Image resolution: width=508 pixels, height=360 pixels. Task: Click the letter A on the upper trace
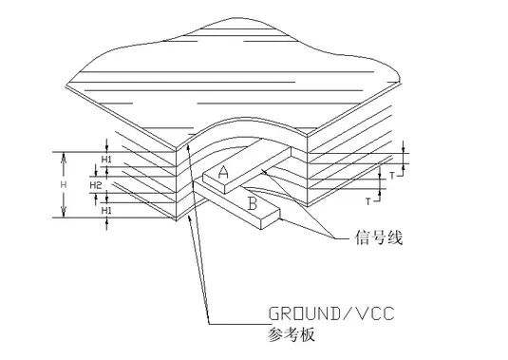click(223, 172)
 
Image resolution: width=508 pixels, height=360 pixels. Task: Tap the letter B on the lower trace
click(253, 204)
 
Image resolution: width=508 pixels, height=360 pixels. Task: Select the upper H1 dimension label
click(106, 159)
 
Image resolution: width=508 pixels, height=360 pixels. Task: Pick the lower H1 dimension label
click(106, 211)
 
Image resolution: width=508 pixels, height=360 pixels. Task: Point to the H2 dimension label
click(96, 185)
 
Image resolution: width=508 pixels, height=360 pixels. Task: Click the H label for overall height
click(64, 184)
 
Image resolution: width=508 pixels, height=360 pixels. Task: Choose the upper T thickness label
click(392, 176)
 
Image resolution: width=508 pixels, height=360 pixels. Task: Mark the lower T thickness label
click(368, 201)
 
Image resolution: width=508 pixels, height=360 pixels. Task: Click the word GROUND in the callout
click(304, 313)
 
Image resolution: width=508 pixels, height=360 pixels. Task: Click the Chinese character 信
click(362, 237)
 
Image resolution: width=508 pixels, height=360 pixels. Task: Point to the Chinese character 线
click(395, 237)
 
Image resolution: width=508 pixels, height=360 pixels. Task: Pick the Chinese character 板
click(307, 334)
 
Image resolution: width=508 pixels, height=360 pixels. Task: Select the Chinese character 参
click(275, 334)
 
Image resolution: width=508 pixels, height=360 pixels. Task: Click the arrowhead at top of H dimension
click(64, 157)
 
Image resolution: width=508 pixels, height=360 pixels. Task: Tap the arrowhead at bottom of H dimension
click(64, 212)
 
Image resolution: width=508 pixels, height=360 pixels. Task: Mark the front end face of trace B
click(271, 219)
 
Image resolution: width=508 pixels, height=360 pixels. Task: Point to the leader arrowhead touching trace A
click(264, 172)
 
